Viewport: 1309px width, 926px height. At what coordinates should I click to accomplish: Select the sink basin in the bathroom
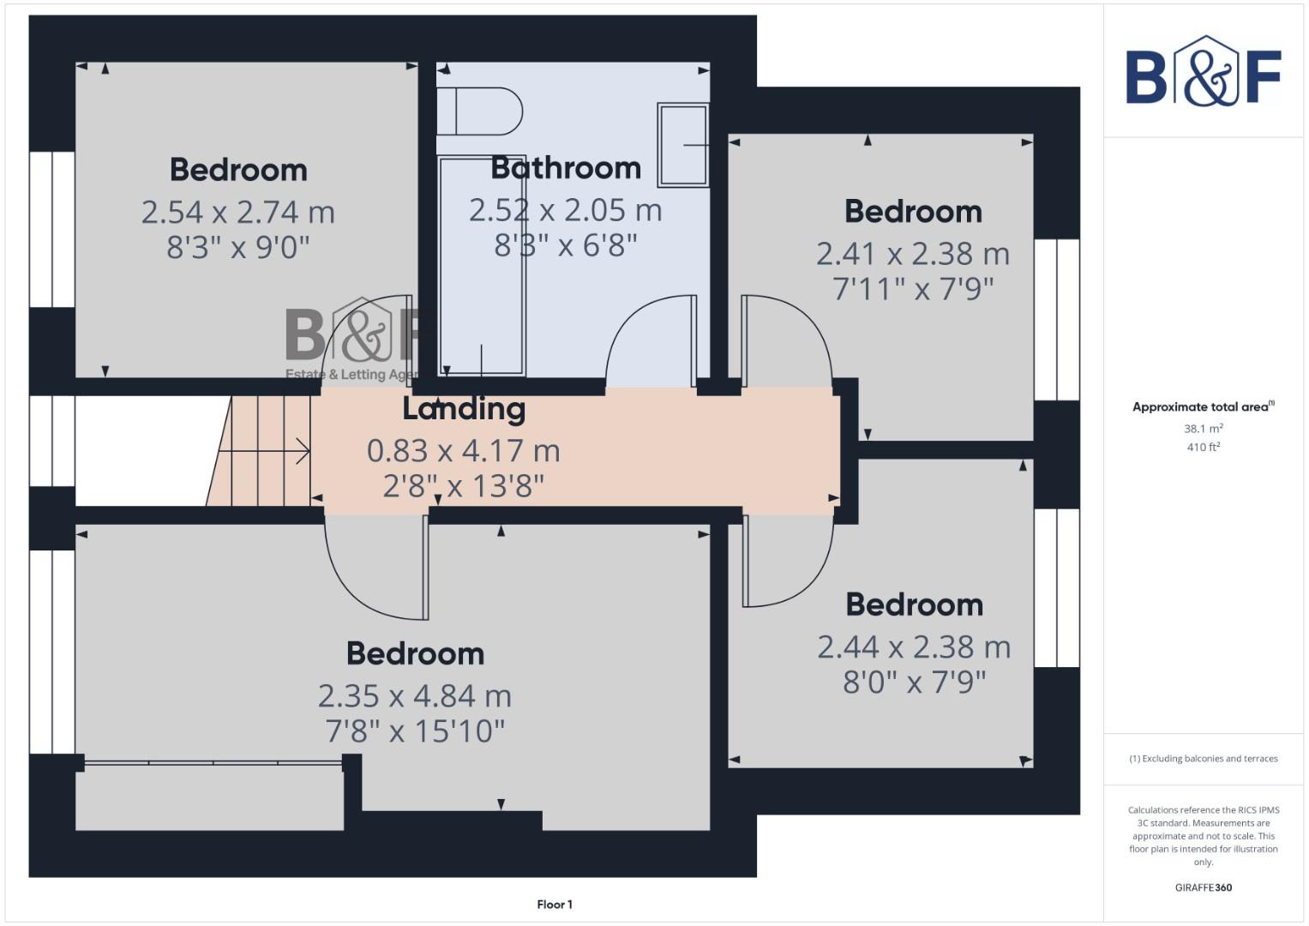(x=683, y=145)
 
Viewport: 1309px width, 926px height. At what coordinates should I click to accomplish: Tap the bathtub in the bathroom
(x=482, y=266)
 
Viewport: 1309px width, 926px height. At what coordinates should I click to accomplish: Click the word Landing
(x=464, y=409)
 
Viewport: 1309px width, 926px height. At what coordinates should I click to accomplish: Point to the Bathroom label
(x=566, y=168)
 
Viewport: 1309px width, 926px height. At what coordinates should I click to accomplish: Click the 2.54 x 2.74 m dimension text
(x=237, y=213)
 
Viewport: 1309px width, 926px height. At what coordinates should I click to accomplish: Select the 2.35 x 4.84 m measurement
(x=415, y=696)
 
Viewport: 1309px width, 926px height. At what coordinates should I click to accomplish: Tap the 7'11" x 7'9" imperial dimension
(x=913, y=290)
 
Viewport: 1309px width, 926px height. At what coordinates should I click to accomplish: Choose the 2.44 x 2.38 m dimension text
(x=914, y=647)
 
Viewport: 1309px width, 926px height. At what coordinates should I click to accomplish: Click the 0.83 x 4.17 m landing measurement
(x=463, y=451)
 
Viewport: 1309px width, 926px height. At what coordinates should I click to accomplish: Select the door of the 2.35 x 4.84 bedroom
(x=375, y=570)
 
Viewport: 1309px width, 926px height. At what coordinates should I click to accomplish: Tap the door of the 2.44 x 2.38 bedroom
(x=787, y=562)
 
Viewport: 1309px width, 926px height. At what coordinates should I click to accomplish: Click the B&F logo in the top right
(x=1204, y=73)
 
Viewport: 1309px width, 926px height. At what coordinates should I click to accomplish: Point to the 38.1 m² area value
(x=1203, y=429)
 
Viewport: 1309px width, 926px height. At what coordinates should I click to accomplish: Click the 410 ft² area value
(x=1203, y=448)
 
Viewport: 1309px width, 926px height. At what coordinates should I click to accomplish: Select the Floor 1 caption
(x=555, y=905)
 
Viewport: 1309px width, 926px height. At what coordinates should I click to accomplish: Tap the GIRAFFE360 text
(x=1203, y=887)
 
